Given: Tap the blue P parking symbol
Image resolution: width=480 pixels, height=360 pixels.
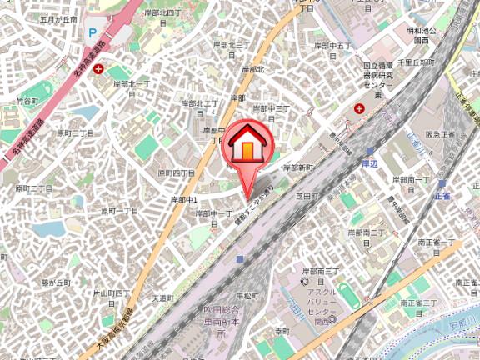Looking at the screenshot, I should (x=92, y=34).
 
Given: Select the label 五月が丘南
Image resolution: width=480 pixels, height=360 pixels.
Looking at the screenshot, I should (x=58, y=18).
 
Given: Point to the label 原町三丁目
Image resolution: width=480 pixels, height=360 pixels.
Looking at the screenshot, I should (x=75, y=132).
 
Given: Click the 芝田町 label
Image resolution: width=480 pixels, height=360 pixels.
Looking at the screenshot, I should (x=308, y=197).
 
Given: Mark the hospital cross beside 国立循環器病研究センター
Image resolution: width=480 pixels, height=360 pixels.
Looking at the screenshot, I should (x=360, y=108).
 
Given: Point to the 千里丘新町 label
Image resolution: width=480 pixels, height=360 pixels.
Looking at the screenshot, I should (x=417, y=63).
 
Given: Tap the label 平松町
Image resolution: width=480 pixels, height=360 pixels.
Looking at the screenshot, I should (x=250, y=295).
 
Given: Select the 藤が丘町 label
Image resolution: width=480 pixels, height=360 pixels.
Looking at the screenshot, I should (x=57, y=283).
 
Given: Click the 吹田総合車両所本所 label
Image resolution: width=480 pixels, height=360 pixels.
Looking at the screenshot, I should (x=222, y=322).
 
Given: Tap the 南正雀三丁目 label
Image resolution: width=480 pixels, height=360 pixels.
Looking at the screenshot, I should (x=418, y=302).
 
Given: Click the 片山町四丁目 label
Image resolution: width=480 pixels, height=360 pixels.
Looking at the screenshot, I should (x=112, y=293).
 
